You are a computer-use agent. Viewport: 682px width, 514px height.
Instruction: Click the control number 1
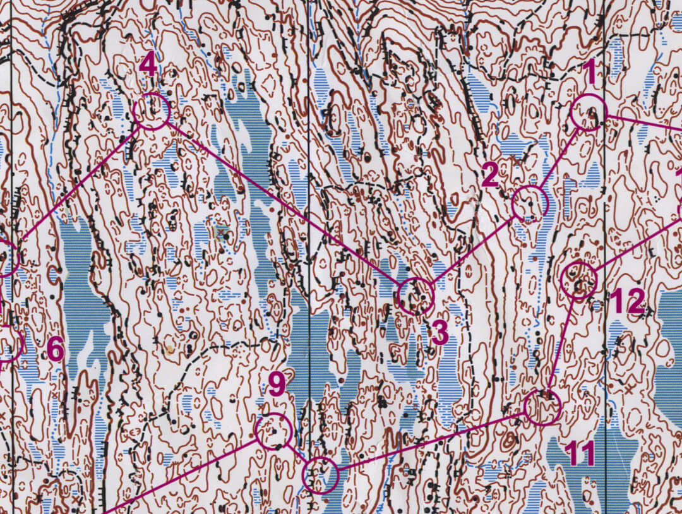[590, 72]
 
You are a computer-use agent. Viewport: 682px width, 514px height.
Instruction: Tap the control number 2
[490, 175]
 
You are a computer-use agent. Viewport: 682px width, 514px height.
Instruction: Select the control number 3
[440, 332]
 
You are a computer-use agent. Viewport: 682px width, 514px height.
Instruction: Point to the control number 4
[148, 65]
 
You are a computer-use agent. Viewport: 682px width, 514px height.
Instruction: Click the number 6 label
[56, 350]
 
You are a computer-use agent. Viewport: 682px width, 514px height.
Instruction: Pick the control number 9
[277, 385]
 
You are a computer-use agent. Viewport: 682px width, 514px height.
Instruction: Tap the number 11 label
[580, 453]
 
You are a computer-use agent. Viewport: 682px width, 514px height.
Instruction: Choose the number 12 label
[628, 302]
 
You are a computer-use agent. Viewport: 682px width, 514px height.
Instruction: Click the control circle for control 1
[588, 112]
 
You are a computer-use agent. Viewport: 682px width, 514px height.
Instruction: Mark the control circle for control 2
[530, 203]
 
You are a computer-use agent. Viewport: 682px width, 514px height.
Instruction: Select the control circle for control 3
[416, 296]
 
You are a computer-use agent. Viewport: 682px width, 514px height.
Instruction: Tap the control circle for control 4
[152, 112]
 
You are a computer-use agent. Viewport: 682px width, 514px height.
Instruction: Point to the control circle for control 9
[273, 431]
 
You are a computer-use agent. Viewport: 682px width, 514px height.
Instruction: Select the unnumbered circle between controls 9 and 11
[321, 475]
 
